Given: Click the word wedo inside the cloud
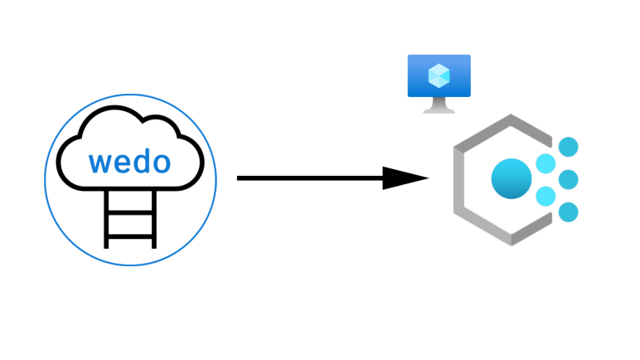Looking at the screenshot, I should [130, 161].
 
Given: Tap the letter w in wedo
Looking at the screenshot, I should [101, 162].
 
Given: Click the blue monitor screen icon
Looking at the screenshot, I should [439, 76].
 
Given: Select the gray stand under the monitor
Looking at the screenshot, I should [439, 105].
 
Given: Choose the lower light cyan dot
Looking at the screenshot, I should [545, 197].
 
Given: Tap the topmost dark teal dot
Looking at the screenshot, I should [568, 148].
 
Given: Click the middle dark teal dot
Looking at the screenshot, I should [568, 179].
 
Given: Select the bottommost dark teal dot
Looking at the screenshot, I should [568, 212].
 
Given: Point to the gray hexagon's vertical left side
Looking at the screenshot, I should [461, 180].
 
